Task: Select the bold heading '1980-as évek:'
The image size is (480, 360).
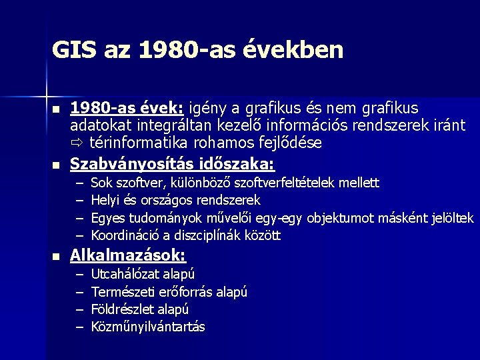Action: click(128, 108)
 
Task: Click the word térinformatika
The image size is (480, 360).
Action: click(135, 143)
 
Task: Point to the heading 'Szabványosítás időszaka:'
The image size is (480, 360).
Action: click(173, 163)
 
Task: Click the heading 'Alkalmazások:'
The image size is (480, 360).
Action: click(128, 255)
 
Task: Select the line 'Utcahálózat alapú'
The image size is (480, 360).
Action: click(143, 274)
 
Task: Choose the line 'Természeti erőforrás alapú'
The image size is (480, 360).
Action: click(169, 292)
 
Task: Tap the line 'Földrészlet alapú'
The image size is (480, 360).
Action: click(139, 309)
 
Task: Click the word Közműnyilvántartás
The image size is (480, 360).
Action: click(148, 327)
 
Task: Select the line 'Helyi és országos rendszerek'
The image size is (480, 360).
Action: click(175, 200)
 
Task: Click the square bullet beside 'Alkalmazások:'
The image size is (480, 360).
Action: click(56, 257)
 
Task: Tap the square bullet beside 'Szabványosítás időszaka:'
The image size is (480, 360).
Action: click(56, 165)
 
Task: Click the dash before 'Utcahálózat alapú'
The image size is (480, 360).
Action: click(79, 274)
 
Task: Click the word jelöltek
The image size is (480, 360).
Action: click(451, 217)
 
